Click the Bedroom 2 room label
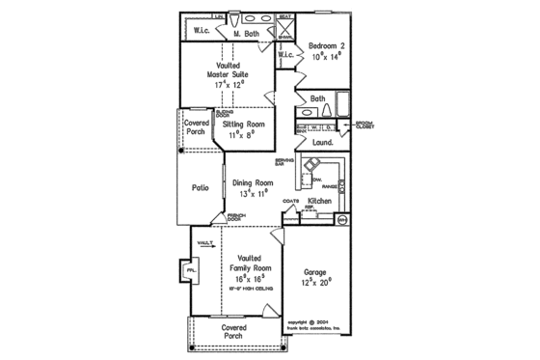(x=326, y=45)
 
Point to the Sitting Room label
(x=244, y=125)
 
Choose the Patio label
(x=201, y=188)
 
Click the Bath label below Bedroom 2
(x=317, y=98)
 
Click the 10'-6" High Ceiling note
(x=253, y=288)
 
